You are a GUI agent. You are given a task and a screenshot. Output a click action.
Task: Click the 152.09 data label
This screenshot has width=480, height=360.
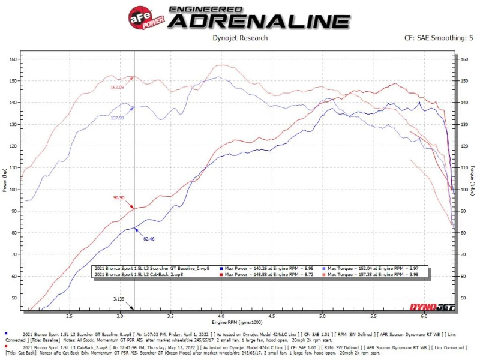click(x=117, y=88)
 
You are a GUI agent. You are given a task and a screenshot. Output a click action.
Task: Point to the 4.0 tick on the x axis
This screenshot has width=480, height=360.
click(x=221, y=316)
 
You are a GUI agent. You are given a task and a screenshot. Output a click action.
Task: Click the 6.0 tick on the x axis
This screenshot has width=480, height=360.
click(x=424, y=316)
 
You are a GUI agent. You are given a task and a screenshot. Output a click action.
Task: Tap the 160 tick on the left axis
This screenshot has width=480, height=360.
click(x=13, y=60)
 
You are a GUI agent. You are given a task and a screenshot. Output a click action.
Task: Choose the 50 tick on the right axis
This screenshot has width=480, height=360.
click(x=463, y=298)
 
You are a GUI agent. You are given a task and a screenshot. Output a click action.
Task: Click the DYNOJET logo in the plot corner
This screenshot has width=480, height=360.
click(x=432, y=307)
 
